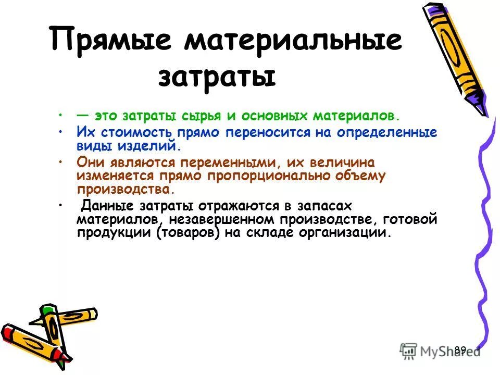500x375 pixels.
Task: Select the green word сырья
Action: pyautogui.click(x=197, y=115)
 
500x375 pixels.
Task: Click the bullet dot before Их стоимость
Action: pyautogui.click(x=61, y=131)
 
